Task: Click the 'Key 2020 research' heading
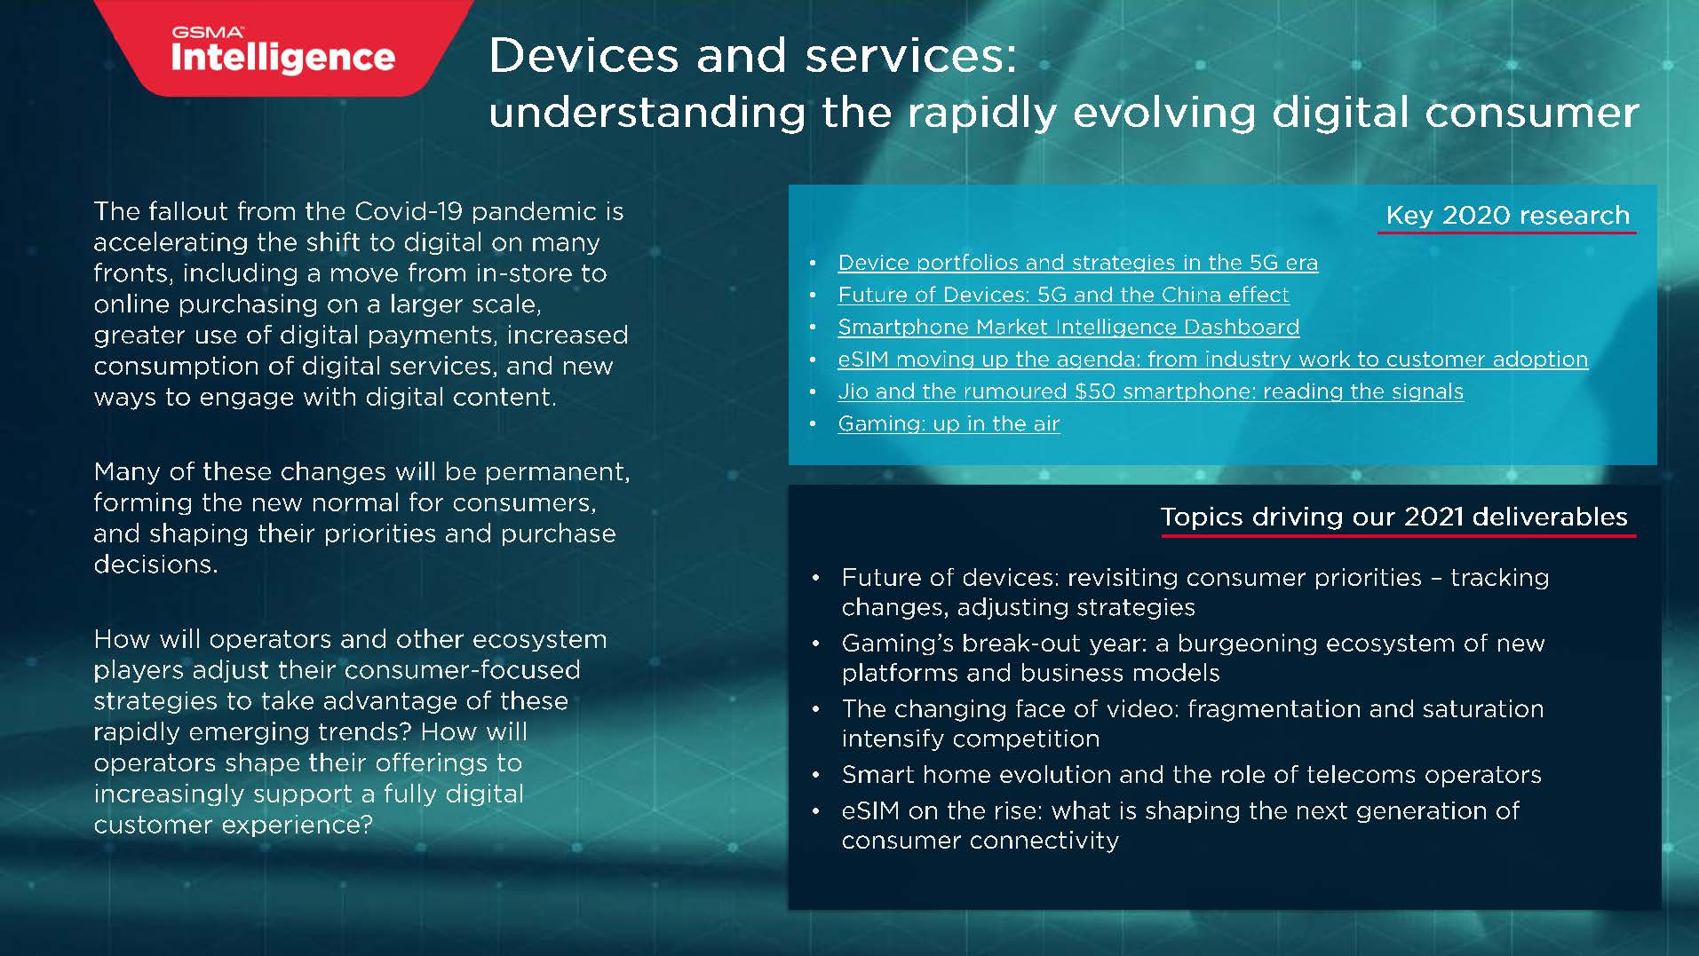coord(1507,215)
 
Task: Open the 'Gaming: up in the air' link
coord(949,423)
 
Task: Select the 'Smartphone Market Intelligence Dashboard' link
coord(1068,327)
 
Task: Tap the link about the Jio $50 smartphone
coord(1150,391)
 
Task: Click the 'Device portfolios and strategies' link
coord(1077,263)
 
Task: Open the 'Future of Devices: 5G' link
coord(1063,295)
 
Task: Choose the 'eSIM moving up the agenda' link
coord(1212,359)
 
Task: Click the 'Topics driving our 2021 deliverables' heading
coord(1393,517)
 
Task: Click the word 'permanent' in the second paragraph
coord(556,471)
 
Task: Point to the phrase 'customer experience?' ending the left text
coord(233,825)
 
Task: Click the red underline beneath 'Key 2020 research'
coord(1506,233)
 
